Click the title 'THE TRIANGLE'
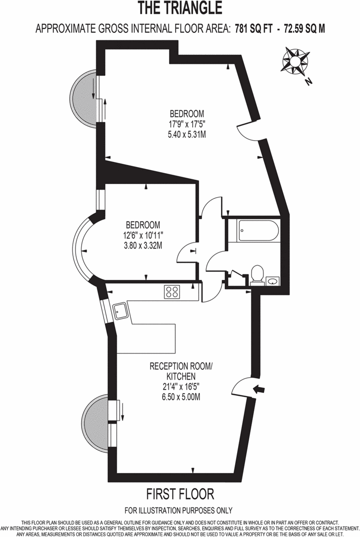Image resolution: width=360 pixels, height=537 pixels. tap(180, 8)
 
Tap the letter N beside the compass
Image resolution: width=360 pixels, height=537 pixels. tap(309, 82)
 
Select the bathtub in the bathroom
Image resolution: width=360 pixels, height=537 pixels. tap(259, 230)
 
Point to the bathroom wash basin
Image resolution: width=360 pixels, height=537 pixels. tap(272, 281)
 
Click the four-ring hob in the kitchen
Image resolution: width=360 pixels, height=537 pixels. tap(173, 292)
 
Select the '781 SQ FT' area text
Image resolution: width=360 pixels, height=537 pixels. tap(254, 29)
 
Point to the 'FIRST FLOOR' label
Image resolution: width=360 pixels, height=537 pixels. tap(180, 493)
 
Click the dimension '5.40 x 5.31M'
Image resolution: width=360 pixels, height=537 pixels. tap(186, 134)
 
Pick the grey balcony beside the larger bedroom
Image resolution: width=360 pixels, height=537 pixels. tap(84, 98)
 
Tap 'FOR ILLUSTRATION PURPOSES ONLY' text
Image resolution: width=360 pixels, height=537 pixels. tap(179, 510)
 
